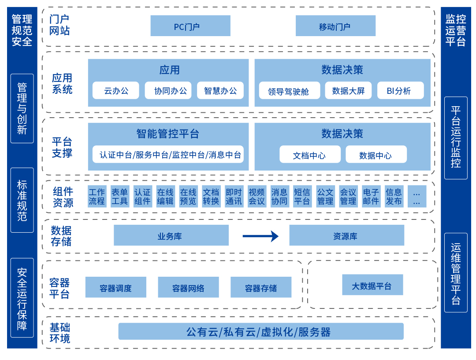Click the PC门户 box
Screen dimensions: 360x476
190,26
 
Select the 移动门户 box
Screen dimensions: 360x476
335,26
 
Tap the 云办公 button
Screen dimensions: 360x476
116,91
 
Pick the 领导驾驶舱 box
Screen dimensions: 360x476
289,91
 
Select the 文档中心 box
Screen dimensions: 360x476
310,155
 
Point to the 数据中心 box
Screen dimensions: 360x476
376,155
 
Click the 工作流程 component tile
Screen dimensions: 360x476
97,197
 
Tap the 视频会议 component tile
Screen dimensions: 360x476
257,197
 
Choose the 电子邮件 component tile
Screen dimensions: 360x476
371,197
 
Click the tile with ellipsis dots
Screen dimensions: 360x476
416,197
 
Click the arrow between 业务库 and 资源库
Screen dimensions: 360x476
260,236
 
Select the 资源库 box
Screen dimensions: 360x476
346,236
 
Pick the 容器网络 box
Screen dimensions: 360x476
188,288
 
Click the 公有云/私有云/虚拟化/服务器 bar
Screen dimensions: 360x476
261,331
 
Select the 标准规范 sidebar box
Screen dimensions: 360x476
22,200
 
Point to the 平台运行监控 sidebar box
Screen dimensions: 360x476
456,137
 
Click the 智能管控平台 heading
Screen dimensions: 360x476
168,134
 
